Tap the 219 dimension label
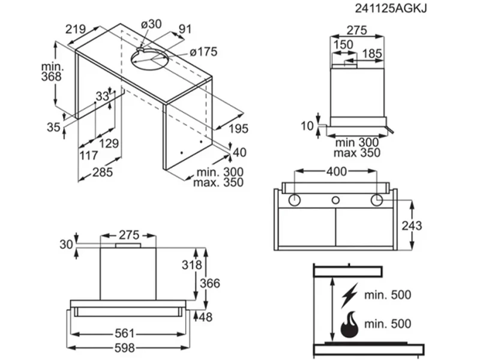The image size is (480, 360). point(76,29)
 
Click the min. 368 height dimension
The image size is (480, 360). point(53,71)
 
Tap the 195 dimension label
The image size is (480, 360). point(238,128)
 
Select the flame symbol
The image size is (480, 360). point(349,325)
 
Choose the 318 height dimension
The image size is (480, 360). point(193,265)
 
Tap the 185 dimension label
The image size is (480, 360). point(372,54)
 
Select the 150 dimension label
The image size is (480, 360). point(344,46)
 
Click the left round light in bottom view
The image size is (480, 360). point(295,200)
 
